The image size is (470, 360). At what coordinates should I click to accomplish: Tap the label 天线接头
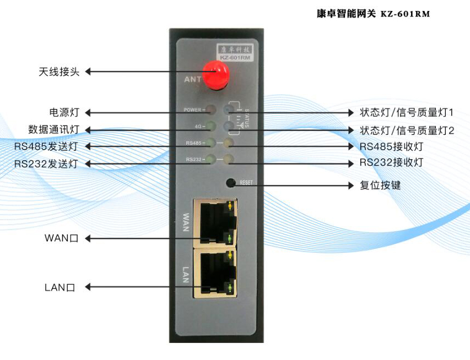coord(60,72)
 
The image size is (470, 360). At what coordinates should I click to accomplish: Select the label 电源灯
coord(64,112)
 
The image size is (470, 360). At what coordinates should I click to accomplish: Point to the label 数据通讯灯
coord(54,130)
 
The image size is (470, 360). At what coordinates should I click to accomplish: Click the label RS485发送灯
coord(47,147)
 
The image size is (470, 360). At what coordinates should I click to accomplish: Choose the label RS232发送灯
coord(47,164)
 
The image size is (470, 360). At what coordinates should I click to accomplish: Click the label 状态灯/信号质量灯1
coord(407,113)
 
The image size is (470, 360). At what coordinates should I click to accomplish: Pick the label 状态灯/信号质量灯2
coord(407,130)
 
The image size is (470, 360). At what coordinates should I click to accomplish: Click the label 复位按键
coord(380,186)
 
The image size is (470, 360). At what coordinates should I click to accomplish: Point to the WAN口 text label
coord(62,238)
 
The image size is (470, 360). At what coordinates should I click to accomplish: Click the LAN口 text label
coord(60,287)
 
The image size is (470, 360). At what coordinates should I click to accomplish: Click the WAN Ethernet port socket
coord(212,223)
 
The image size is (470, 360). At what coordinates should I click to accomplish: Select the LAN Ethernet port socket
coord(212,272)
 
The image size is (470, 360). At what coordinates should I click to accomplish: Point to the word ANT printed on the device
coord(192,79)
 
